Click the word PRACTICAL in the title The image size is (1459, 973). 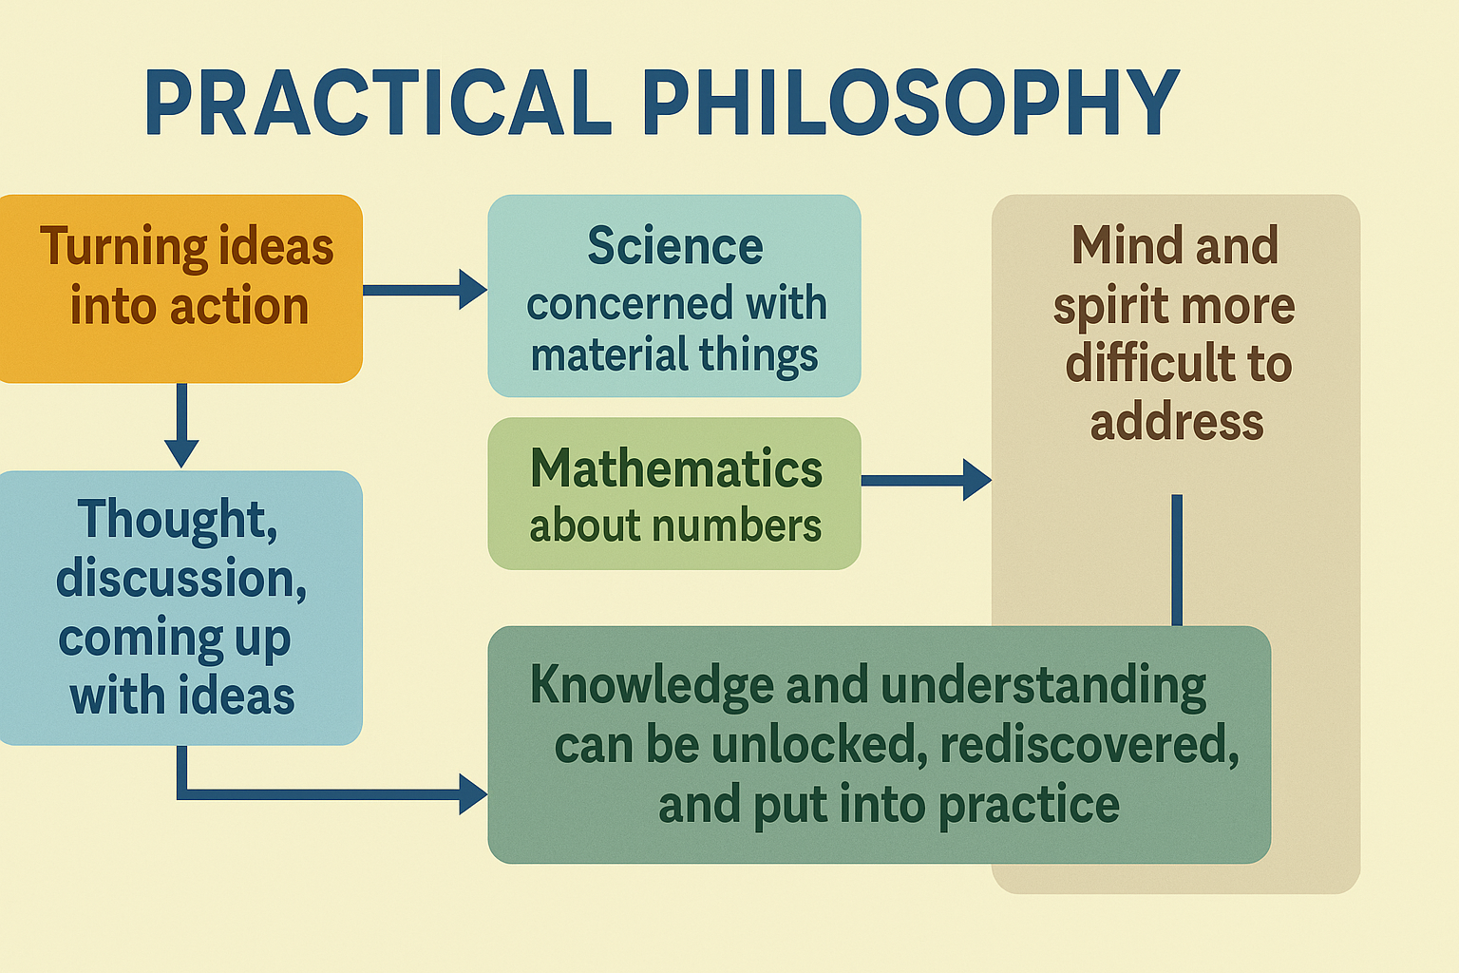378,103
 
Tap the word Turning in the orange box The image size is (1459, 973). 123,247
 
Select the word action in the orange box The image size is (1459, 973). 239,306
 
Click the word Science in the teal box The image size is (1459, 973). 674,246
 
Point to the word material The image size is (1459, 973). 609,355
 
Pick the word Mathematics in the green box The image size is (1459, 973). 676,467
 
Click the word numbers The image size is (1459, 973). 737,525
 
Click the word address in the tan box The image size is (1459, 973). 1176,422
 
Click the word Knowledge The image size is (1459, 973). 653,685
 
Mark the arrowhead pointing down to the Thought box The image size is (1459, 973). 181,453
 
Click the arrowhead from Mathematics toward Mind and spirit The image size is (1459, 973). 977,480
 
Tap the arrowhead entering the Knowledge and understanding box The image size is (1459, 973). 474,794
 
